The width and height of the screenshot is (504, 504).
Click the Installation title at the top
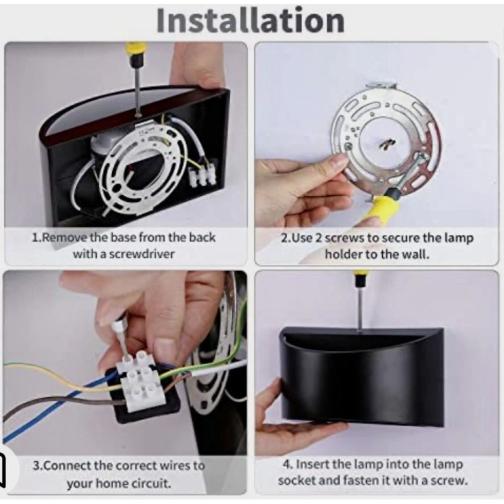click(250, 21)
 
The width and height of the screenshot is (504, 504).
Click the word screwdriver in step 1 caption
click(141, 254)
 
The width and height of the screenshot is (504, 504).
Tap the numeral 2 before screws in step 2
click(318, 238)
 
